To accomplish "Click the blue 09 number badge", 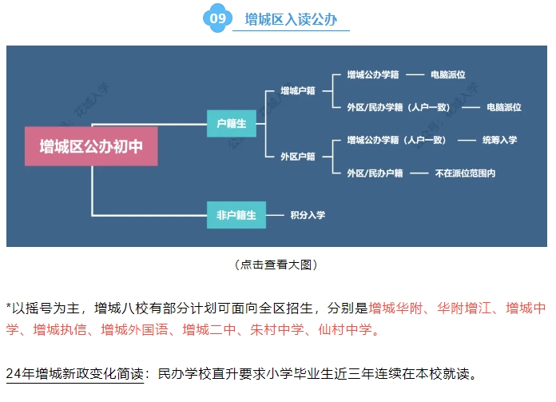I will pyautogui.click(x=215, y=18).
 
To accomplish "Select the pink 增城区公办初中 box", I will pyautogui.click(x=91, y=146).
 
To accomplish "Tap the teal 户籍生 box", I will pyautogui.click(x=230, y=123).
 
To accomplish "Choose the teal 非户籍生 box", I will pyautogui.click(x=236, y=214).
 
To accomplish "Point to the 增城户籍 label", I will pyautogui.click(x=297, y=91).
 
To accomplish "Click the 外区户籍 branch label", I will pyautogui.click(x=297, y=156).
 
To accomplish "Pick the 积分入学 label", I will pyautogui.click(x=307, y=215).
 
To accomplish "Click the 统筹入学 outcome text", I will pyautogui.click(x=499, y=140).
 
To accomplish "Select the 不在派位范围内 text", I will pyautogui.click(x=465, y=173).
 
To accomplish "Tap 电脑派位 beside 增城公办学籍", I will pyautogui.click(x=447, y=75).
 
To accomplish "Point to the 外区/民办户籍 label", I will pyautogui.click(x=375, y=173).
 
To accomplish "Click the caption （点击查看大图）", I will pyautogui.click(x=277, y=265).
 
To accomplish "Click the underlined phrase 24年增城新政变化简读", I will pyautogui.click(x=77, y=373).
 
